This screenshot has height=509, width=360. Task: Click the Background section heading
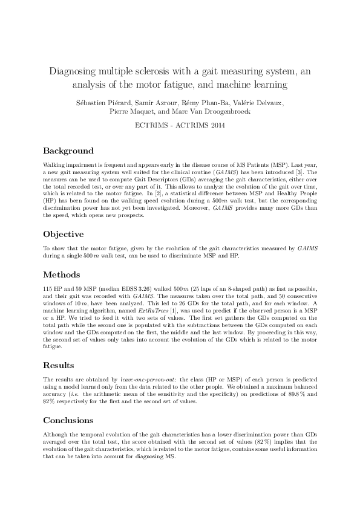pos(68,151)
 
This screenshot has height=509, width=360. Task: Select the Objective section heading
pos(64,234)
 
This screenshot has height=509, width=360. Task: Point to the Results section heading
pos(59,365)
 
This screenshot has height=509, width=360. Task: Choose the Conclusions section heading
pos(68,420)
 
